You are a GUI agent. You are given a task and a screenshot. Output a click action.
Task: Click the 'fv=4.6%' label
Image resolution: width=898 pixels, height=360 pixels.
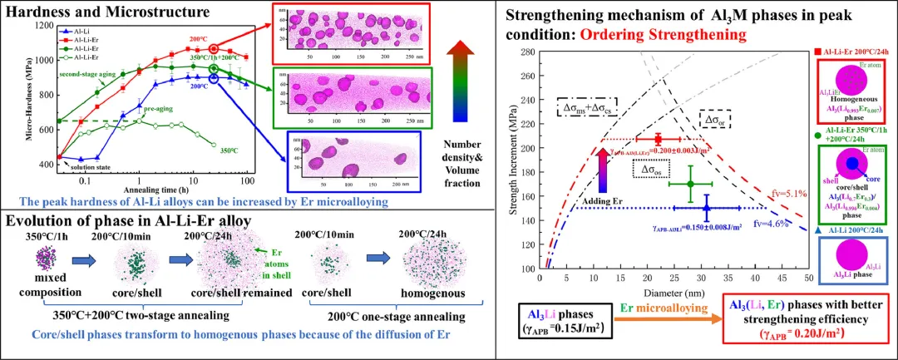click(x=773, y=223)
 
